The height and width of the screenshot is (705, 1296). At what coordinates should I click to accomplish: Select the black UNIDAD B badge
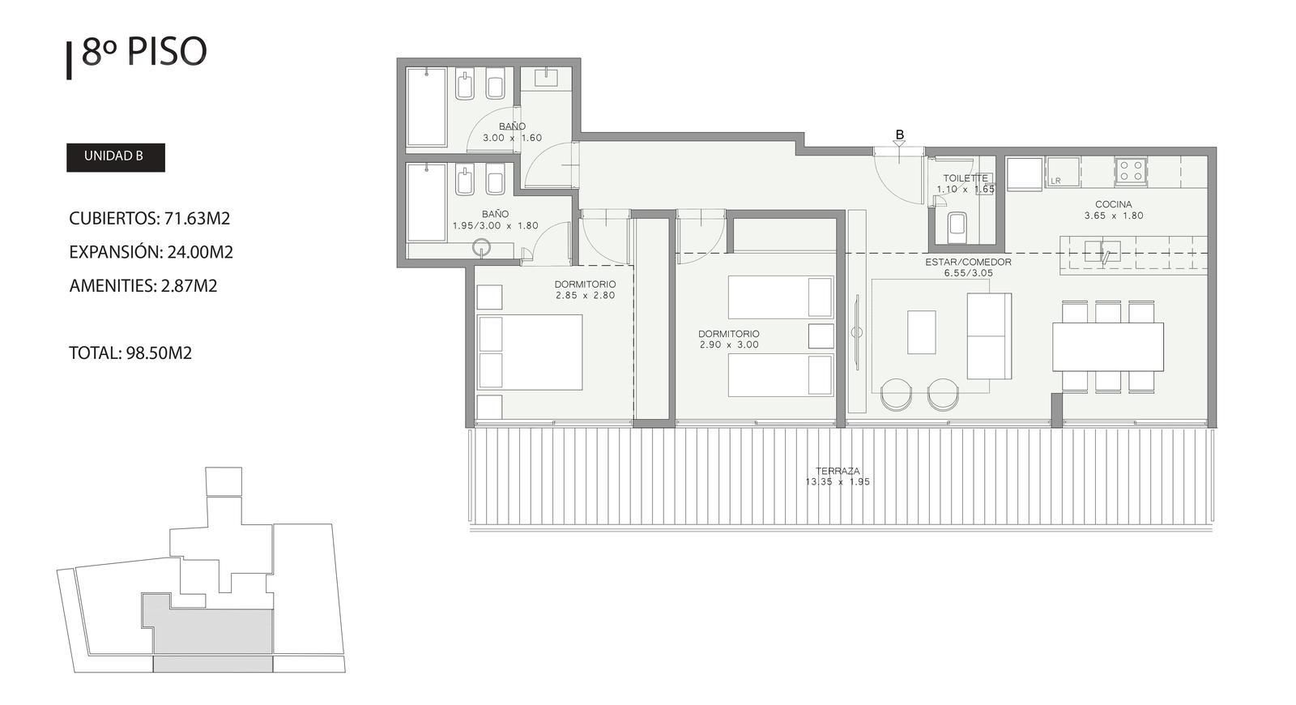[116, 157]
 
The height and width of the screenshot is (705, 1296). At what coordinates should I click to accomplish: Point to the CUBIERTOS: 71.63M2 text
[149, 218]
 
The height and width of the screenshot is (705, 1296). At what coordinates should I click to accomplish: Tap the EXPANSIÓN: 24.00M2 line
[151, 252]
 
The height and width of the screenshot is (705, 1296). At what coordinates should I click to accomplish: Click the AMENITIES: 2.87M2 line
[143, 286]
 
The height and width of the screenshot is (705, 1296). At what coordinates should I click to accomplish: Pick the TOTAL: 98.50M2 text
[130, 353]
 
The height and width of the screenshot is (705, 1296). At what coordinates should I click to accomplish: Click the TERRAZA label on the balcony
[838, 471]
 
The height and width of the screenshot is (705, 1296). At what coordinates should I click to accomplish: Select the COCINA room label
[1114, 204]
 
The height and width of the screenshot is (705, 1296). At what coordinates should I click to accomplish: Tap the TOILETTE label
[966, 178]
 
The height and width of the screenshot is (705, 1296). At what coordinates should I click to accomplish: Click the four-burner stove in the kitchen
[1131, 171]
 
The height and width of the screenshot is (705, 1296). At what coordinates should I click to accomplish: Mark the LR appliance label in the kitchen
[1056, 182]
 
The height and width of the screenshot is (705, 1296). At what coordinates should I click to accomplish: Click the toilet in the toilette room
[957, 227]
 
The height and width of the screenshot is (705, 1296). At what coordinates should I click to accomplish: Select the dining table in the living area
[1108, 347]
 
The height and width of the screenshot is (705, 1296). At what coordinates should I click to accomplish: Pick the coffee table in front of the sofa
[922, 332]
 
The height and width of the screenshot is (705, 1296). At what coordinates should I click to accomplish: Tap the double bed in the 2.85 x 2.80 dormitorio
[530, 352]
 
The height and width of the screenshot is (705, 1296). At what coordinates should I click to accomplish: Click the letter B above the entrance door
[900, 135]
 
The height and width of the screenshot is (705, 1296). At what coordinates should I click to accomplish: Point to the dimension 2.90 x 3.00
[729, 345]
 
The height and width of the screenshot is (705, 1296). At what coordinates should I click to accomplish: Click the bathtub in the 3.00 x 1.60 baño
[427, 108]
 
